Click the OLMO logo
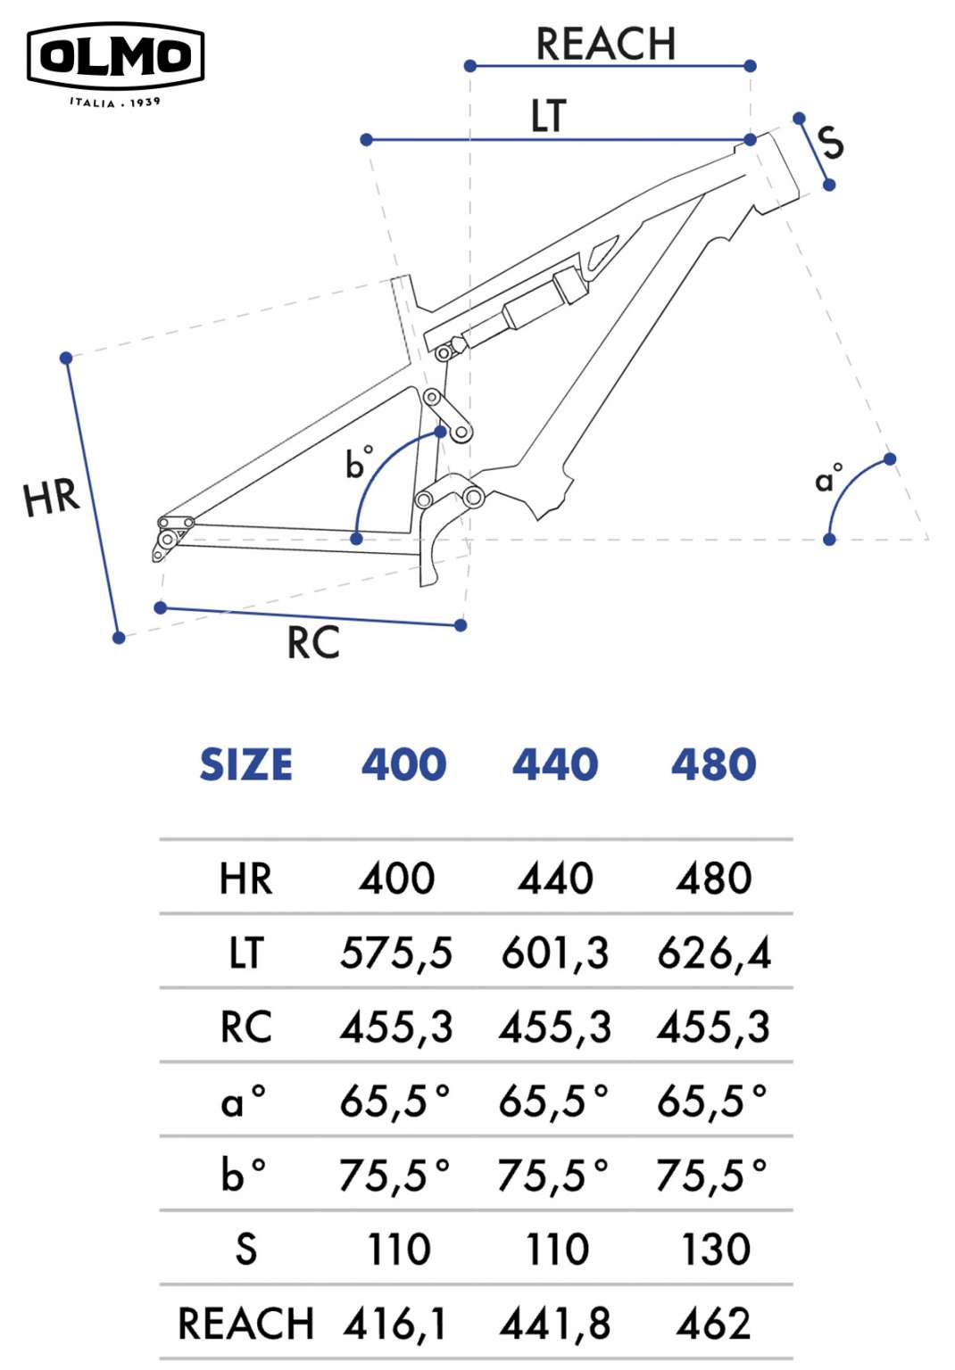(116, 64)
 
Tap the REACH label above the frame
(605, 44)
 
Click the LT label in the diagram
(549, 115)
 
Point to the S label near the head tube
(831, 142)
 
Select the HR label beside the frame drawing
(52, 497)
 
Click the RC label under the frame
(313, 643)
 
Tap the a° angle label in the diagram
(829, 478)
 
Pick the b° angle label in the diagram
(359, 463)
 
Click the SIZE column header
(246, 764)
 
